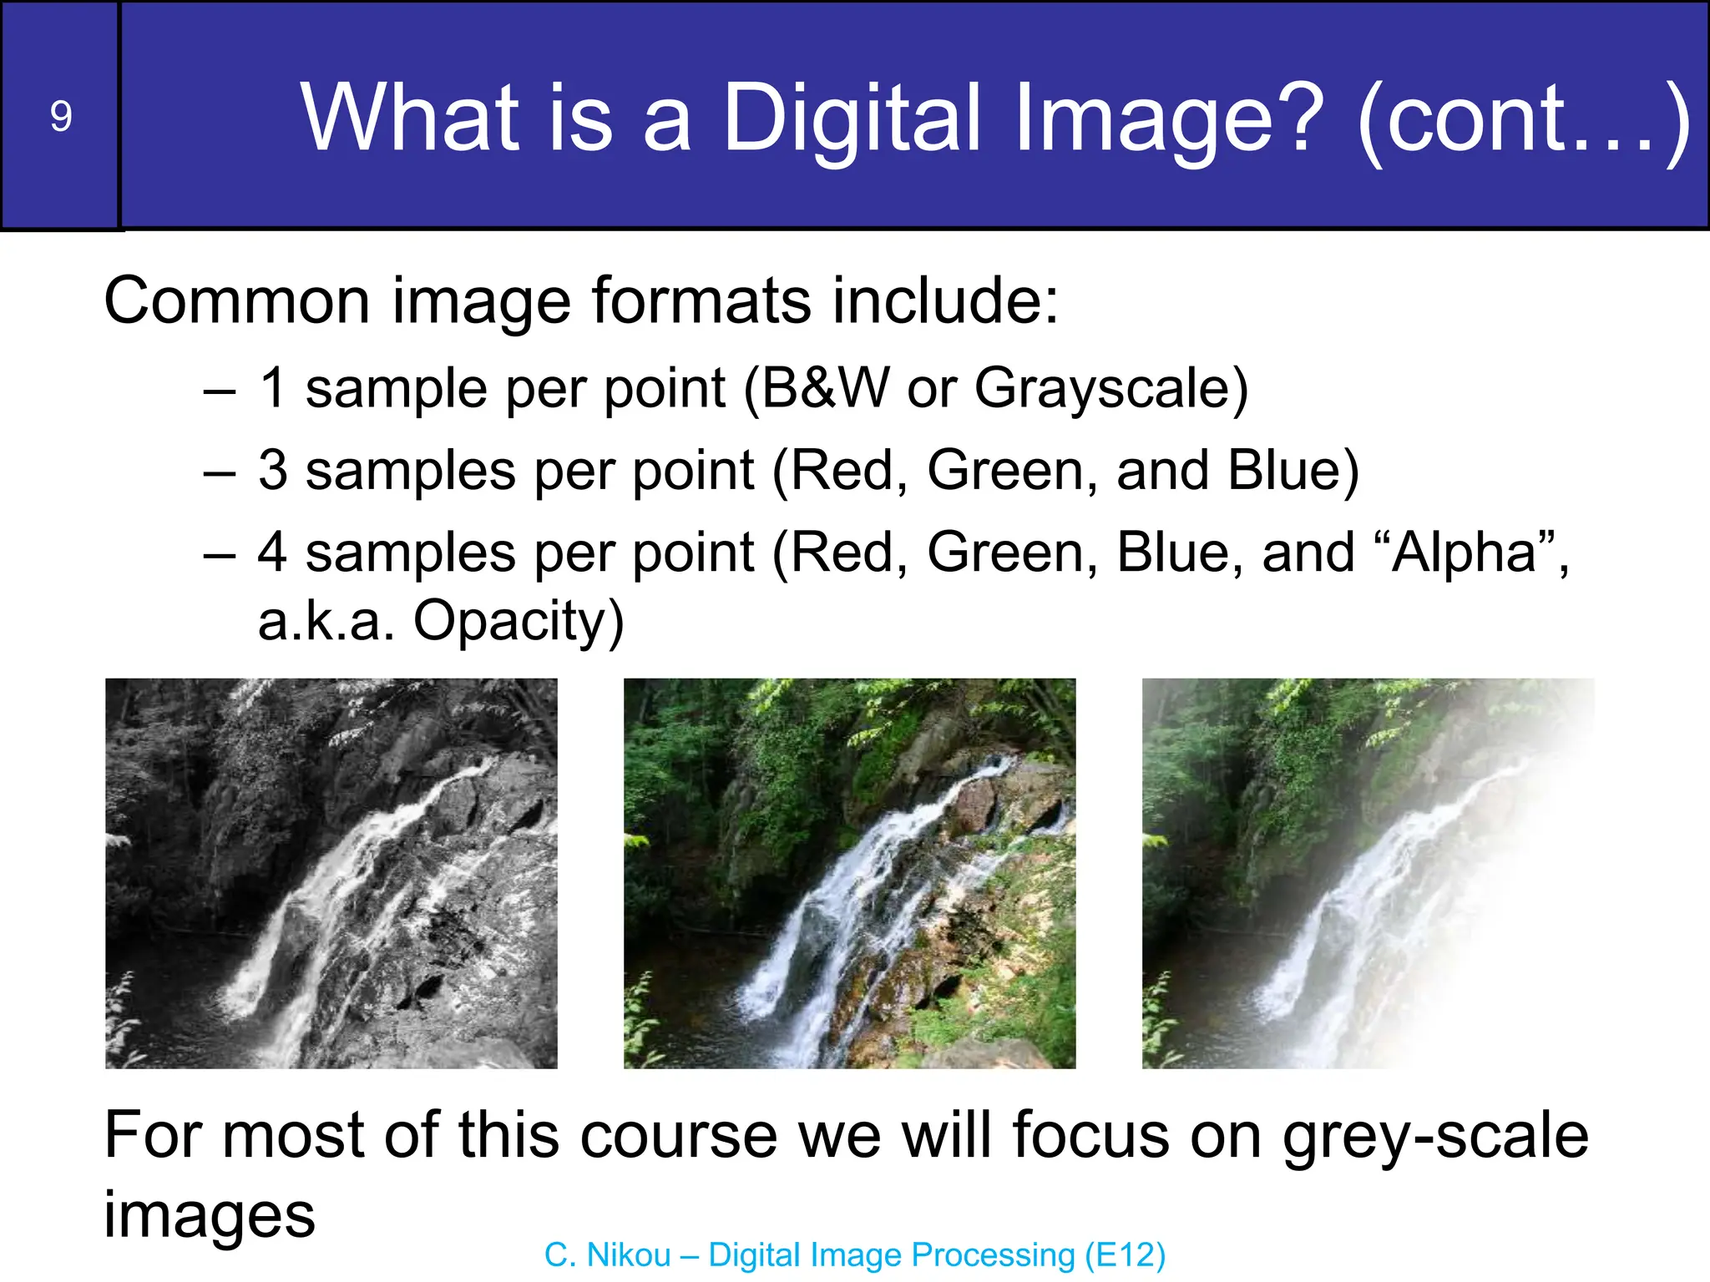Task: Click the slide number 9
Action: [x=60, y=116]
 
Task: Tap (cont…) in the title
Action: [x=1522, y=119]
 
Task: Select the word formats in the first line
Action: [x=701, y=300]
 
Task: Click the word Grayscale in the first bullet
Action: [x=1110, y=389]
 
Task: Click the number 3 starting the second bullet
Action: [x=273, y=470]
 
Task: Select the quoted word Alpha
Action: [x=1465, y=553]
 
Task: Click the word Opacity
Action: [x=518, y=622]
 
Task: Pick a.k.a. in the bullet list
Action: [x=326, y=622]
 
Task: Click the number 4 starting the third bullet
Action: [x=273, y=553]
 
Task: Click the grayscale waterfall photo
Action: [x=331, y=873]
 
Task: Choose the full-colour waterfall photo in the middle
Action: [x=849, y=873]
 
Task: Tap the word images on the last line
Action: [x=210, y=1215]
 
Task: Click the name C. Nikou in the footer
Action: [x=607, y=1255]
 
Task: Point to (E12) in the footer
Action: [x=1125, y=1255]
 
